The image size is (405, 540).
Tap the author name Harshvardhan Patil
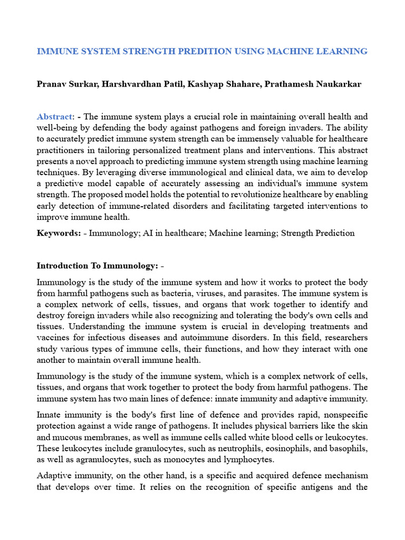point(132,84)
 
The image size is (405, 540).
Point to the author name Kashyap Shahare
point(208,84)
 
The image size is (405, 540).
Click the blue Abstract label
point(54,117)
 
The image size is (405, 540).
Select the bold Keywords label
point(59,233)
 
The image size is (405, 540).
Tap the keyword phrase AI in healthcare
point(177,233)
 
